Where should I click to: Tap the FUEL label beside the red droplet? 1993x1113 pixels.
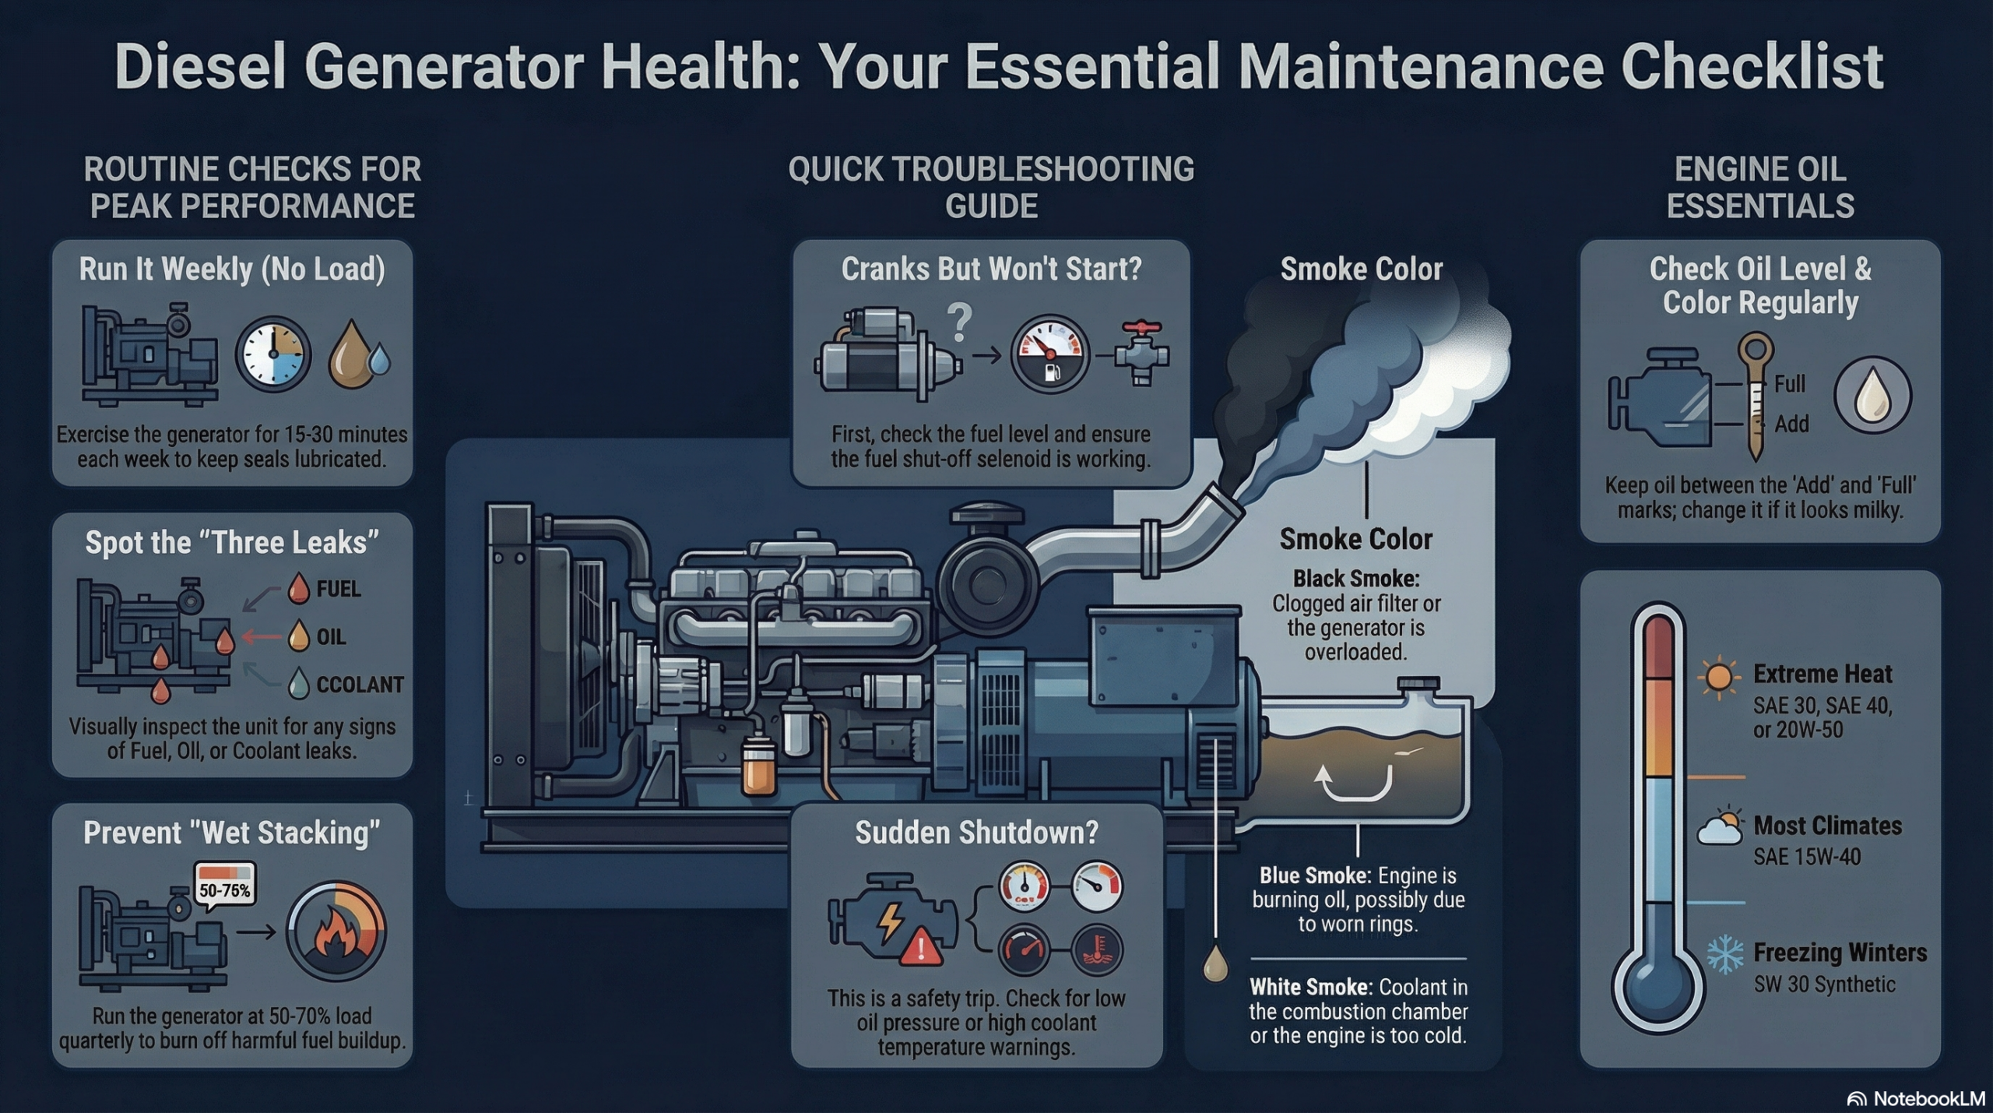[x=338, y=589]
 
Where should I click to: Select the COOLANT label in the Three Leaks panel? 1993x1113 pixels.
[x=360, y=685]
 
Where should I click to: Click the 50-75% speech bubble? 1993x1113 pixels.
[x=224, y=889]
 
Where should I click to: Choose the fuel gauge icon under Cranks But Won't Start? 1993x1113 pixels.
[x=1049, y=354]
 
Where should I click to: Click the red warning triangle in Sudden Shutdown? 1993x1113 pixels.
[x=921, y=947]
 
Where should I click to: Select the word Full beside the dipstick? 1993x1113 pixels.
[x=1789, y=384]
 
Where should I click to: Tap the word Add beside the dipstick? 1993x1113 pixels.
[x=1791, y=424]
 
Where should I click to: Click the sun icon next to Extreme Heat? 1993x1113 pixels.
[x=1718, y=676]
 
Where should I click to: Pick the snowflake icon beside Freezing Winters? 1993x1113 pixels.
[x=1725, y=954]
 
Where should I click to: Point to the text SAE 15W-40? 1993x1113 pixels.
[x=1806, y=857]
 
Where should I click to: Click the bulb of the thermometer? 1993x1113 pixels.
[x=1657, y=988]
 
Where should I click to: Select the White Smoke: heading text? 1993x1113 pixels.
[x=1309, y=988]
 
